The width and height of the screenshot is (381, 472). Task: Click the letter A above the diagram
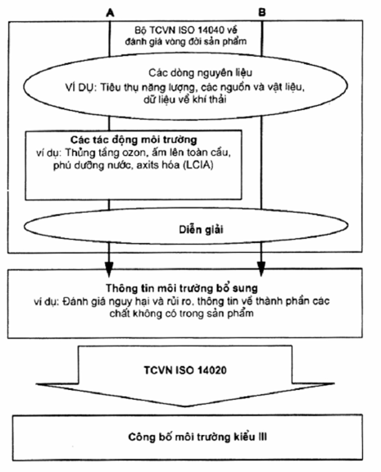point(111,12)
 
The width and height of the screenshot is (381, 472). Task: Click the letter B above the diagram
point(262,12)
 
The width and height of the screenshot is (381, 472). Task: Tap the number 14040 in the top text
point(211,30)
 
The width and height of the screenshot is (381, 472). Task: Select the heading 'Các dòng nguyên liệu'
point(201,73)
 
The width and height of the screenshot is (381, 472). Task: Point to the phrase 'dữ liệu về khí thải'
point(185,99)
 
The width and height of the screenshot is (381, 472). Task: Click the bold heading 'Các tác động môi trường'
point(134,140)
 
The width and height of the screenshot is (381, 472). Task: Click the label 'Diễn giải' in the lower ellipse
point(201,230)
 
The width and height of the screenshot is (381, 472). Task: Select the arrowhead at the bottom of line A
point(109,268)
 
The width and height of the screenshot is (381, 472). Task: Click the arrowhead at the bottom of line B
point(261,268)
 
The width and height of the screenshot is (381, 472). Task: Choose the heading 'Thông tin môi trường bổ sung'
point(181,288)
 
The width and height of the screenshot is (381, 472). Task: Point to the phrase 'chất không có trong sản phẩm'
point(181,314)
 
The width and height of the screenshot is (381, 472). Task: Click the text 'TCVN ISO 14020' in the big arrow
point(185,370)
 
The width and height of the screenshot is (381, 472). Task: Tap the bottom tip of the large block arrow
point(185,406)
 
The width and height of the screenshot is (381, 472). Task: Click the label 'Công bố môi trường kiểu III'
point(197,437)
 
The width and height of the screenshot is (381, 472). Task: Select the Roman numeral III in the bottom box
point(263,437)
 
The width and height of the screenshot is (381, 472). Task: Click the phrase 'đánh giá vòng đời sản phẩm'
point(186,41)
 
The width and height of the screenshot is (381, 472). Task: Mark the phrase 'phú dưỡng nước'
point(93,165)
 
